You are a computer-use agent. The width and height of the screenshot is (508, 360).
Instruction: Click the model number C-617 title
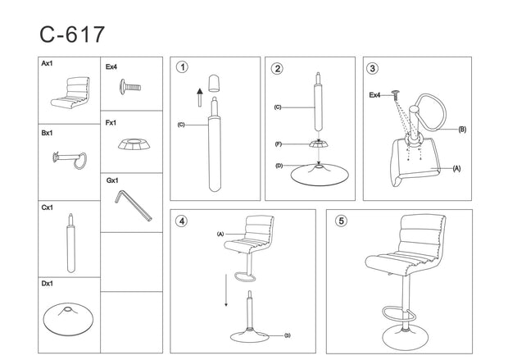[72, 34]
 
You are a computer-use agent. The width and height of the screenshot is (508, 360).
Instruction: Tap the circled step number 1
[183, 67]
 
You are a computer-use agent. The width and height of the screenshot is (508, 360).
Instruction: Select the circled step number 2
[278, 68]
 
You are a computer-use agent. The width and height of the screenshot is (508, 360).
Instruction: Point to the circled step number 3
[372, 68]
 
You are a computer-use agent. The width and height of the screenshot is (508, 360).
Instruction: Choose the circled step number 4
[181, 221]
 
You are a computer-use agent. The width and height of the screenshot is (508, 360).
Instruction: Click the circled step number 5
[341, 221]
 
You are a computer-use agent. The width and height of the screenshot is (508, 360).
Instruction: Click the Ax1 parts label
[47, 64]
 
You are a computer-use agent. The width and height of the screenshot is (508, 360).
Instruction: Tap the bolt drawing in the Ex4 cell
[130, 87]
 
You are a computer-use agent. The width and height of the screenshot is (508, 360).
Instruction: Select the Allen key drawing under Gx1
[133, 206]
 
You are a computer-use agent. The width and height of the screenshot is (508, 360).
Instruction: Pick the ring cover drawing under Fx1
[134, 144]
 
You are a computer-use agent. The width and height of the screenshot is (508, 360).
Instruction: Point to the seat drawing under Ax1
[70, 93]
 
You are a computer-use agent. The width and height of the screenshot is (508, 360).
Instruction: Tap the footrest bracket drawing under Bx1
[70, 160]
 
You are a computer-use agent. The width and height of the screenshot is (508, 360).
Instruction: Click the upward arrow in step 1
[200, 98]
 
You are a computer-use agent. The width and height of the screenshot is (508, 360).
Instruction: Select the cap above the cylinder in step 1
[214, 83]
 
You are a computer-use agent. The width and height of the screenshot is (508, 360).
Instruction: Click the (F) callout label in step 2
[279, 144]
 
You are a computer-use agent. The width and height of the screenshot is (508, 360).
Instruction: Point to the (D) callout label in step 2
[279, 166]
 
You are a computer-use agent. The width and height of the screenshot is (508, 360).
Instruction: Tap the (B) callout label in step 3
[462, 130]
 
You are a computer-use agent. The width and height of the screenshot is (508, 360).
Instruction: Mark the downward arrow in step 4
[226, 290]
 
